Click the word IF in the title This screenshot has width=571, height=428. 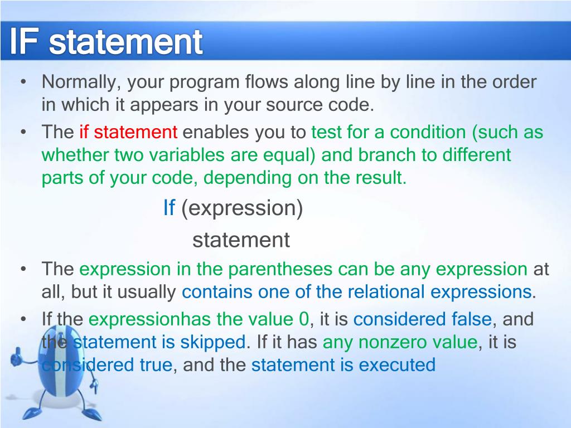[23, 41]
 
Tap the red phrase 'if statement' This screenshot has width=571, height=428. [128, 132]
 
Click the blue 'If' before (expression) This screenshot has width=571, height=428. [170, 208]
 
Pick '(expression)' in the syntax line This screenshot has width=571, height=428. [242, 208]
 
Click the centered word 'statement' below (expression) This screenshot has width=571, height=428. [241, 240]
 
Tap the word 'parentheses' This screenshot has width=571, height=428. [280, 269]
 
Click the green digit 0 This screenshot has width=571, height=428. [304, 319]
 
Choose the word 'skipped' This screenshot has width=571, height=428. [213, 342]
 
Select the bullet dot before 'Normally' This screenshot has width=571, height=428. [23, 81]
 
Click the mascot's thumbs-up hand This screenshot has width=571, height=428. [16, 357]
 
